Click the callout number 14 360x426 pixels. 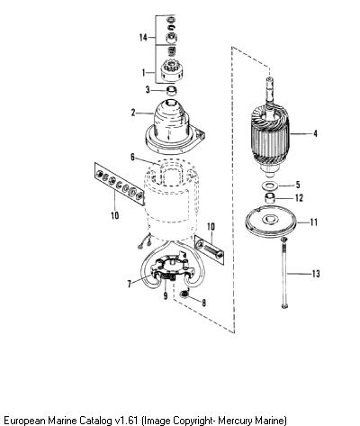tap(143, 38)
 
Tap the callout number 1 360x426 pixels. tap(144, 73)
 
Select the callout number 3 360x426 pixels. tap(148, 89)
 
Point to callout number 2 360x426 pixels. tap(133, 113)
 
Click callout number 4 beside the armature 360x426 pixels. tap(315, 133)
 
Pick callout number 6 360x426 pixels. tap(132, 157)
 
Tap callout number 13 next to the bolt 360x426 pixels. tap(316, 274)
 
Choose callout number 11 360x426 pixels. tap(313, 222)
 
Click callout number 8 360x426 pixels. tap(203, 303)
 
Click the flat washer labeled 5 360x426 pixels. tap(269, 186)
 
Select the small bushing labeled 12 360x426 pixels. tap(270, 198)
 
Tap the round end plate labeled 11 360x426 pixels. tap(271, 222)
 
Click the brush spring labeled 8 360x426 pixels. tap(184, 295)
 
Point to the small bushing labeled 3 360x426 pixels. tap(171, 90)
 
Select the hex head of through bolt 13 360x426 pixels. tap(283, 240)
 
